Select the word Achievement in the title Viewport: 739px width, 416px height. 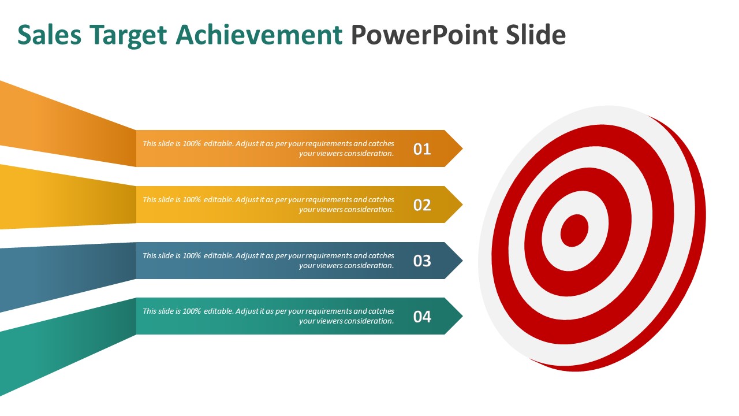click(x=259, y=35)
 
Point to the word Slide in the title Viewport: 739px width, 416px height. click(x=536, y=35)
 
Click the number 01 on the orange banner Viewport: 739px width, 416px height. click(x=422, y=149)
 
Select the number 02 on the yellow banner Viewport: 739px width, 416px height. click(x=422, y=205)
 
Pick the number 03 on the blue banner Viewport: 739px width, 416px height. click(x=422, y=261)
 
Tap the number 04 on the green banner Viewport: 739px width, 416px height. click(x=422, y=317)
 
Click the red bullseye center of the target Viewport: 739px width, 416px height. click(x=574, y=230)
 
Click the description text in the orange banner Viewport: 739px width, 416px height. click(x=268, y=148)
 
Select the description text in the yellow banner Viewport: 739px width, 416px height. click(x=268, y=205)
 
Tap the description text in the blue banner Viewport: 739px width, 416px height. click(x=268, y=261)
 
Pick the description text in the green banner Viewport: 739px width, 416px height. click(x=268, y=316)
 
